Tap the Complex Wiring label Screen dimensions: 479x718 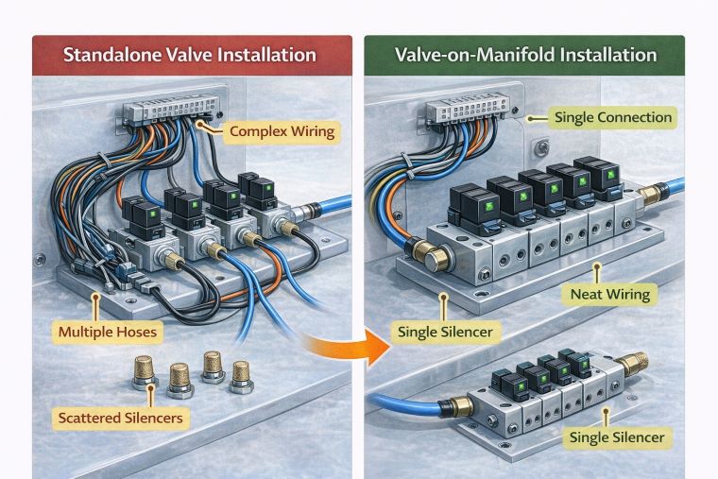(282, 131)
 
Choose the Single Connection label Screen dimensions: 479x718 (613, 118)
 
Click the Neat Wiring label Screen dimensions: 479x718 (609, 294)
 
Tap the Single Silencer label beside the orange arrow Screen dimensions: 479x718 (445, 333)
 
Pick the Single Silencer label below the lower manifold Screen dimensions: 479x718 (619, 437)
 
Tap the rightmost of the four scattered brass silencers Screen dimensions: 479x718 (241, 371)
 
